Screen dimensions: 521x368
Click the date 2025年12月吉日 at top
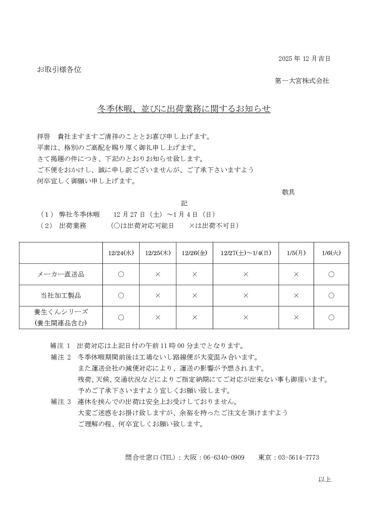pos(304,59)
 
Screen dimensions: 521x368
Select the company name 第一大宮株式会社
pos(302,81)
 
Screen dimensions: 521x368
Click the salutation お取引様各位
pos(59,70)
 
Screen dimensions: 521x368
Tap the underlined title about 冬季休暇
pos(184,109)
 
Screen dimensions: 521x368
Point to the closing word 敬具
pos(288,192)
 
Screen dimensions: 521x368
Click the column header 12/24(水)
pos(121,253)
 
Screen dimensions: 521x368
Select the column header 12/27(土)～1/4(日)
pos(246,253)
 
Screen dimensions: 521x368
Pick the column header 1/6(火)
pos(331,253)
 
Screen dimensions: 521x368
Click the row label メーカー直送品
pos(61,275)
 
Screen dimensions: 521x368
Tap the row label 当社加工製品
pos(61,296)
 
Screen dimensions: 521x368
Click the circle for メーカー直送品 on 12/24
pos(121,275)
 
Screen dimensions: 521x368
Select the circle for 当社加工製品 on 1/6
pos(331,296)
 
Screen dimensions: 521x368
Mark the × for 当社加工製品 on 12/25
pos(158,296)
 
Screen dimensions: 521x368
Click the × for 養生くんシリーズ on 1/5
pos(296,317)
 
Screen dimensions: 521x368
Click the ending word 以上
pos(324,480)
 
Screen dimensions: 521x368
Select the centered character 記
pos(184,203)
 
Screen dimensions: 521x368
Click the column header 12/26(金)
pos(194,253)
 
